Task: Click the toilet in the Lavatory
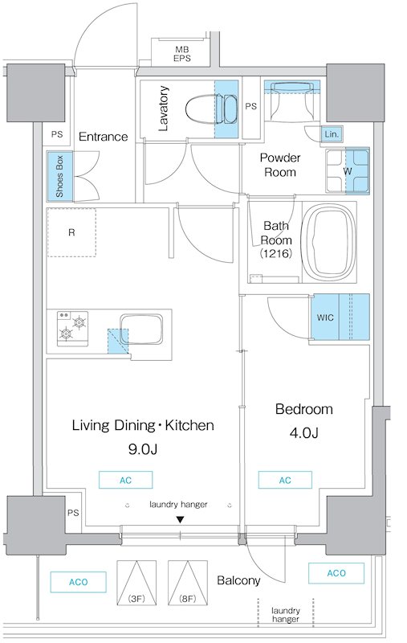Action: click(210, 109)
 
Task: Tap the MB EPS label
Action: click(181, 54)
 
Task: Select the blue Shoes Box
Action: click(59, 176)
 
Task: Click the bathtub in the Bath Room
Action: click(328, 242)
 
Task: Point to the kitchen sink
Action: click(140, 330)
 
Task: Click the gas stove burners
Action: click(73, 326)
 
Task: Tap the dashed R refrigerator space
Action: click(71, 232)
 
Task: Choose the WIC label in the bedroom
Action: click(325, 317)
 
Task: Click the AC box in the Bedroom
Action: click(285, 480)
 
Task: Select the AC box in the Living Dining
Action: click(126, 480)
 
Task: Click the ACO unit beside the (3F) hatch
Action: click(78, 582)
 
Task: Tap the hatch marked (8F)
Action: click(188, 583)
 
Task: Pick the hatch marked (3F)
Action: click(136, 583)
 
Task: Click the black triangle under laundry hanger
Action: click(180, 519)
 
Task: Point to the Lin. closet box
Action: click(332, 134)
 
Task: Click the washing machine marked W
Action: click(348, 170)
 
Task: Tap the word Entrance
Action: click(104, 137)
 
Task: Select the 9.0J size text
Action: click(143, 449)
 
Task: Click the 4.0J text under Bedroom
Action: click(303, 432)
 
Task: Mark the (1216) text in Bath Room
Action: click(276, 253)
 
